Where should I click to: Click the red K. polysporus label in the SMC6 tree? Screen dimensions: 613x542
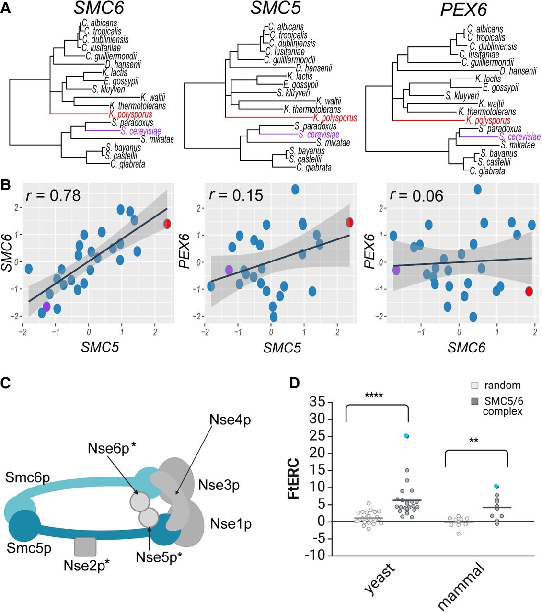pos(130,114)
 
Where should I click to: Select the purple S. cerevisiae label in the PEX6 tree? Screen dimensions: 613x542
pos(519,137)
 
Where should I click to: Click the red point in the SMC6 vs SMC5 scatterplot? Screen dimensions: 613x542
pos(167,224)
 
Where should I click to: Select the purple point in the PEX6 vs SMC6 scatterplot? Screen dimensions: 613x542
pos(396,270)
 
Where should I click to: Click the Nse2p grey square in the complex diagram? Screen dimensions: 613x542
pos(86,546)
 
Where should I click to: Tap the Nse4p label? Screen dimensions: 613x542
pos(230,420)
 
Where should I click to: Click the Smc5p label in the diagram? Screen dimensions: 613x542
pos(29,548)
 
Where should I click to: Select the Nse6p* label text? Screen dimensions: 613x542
pos(112,449)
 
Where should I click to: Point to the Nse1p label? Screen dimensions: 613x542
pos(231,523)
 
